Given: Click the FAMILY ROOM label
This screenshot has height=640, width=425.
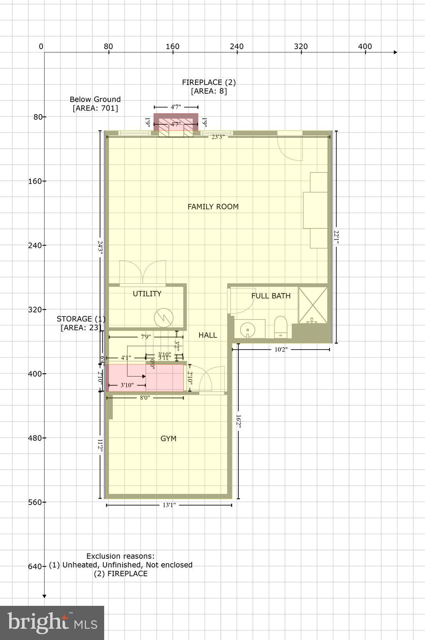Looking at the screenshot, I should [213, 207].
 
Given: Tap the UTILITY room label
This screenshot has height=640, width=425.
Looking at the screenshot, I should [147, 294].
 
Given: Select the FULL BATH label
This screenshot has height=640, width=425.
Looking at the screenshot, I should [271, 296].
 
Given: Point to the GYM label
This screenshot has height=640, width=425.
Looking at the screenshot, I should [168, 438].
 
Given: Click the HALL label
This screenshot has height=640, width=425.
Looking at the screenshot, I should [207, 335].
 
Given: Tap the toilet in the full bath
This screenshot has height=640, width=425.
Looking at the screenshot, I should [280, 327].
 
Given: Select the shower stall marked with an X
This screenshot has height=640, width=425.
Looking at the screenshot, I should [313, 305].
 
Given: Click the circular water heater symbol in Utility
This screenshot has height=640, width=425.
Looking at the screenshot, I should [163, 318].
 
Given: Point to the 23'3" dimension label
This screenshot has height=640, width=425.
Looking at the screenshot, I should [217, 137].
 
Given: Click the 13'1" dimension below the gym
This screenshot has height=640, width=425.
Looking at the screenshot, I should [169, 505].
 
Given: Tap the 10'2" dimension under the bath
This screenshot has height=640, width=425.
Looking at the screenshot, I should [281, 350].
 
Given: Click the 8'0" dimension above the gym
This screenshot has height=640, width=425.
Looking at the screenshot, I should [145, 398].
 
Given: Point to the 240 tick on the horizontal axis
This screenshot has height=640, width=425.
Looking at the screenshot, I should [237, 46].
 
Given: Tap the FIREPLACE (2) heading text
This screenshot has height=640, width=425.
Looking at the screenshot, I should [209, 82].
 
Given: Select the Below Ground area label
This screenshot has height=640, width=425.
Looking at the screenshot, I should [95, 104].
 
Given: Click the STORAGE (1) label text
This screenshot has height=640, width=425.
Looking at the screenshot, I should [81, 319].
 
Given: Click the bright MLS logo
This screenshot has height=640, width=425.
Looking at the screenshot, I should [52, 623].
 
